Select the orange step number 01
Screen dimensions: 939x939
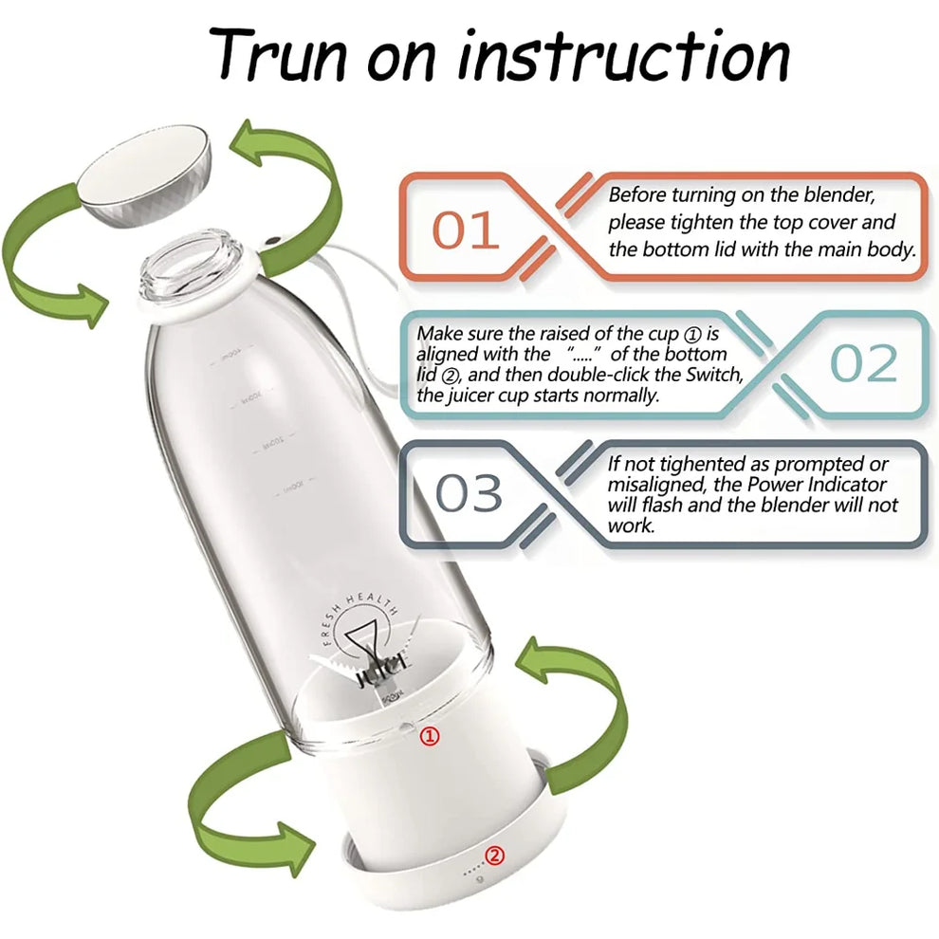(466, 230)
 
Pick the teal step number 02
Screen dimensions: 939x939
(863, 364)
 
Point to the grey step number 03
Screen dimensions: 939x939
(469, 493)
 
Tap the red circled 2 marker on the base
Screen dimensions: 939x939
(494, 856)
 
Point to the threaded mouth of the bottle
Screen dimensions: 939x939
(195, 261)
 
